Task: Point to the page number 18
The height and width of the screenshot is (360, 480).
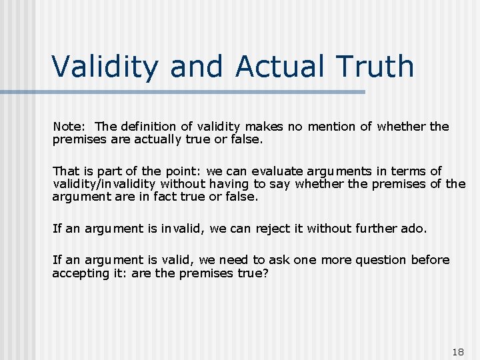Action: click(x=457, y=351)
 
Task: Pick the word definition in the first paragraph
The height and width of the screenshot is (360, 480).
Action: click(x=152, y=127)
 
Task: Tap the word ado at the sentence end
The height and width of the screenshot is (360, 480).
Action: click(x=413, y=229)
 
